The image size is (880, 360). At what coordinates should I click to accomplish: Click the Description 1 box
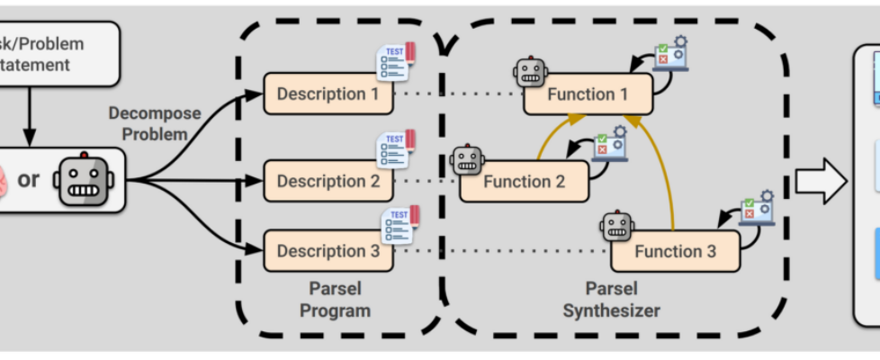(328, 94)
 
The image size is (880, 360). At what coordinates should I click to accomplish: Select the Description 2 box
(328, 181)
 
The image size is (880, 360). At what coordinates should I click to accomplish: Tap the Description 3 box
(328, 251)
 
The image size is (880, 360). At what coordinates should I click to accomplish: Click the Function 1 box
(588, 94)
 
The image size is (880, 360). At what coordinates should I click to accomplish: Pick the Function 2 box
(524, 182)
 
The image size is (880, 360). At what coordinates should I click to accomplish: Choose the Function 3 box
(675, 251)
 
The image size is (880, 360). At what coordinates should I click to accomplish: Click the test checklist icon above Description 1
(395, 60)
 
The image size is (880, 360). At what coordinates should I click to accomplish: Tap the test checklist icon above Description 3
(399, 224)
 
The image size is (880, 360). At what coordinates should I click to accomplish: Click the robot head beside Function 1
(531, 73)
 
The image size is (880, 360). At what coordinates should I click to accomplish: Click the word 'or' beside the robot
(29, 179)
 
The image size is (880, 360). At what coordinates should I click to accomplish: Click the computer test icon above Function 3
(756, 208)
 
